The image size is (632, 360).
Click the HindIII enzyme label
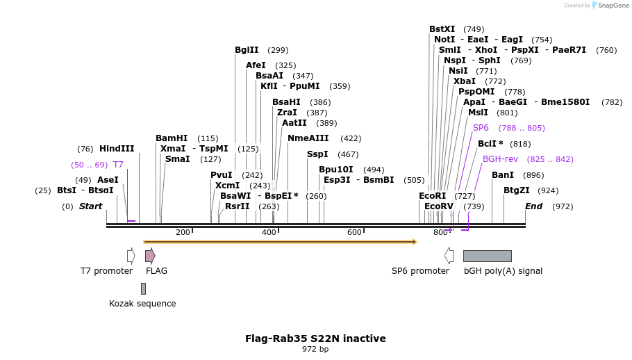pos(116,149)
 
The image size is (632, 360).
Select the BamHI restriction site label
pos(172,138)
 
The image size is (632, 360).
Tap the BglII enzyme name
pos(247,50)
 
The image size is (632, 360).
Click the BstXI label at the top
pos(442,29)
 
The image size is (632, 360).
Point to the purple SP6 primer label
pos(481,128)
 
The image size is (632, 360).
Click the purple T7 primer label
pos(118,165)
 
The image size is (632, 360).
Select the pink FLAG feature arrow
pos(150,256)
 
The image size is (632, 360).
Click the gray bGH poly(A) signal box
pos(487,256)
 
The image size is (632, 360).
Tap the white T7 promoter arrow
pos(131,256)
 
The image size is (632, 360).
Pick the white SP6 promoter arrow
pos(449,256)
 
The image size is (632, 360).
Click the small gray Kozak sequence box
pos(143,288)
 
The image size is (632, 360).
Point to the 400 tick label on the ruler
pos(269,232)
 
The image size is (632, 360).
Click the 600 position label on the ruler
pos(354,232)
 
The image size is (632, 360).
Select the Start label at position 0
pos(90,206)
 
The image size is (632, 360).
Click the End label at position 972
pos(533,206)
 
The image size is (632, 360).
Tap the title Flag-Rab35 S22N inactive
pos(315,338)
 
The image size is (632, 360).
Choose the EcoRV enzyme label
pos(438,206)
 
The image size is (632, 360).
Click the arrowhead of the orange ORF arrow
pos(414,242)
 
